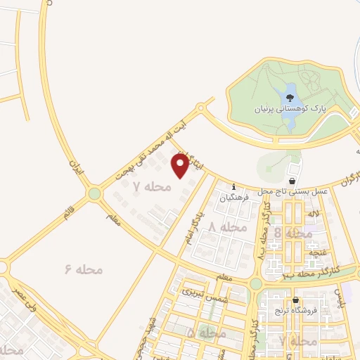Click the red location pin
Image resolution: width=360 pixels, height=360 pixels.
[x=180, y=165]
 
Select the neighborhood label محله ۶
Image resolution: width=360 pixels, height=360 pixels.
[x=84, y=269]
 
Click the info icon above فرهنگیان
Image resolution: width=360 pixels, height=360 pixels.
[x=234, y=187]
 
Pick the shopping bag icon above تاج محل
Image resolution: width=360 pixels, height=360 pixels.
[x=292, y=180]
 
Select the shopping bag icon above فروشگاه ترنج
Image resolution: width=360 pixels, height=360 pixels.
[x=295, y=298]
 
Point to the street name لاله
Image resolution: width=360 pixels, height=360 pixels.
[x=314, y=213]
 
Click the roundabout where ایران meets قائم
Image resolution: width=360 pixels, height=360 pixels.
[x=94, y=193]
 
